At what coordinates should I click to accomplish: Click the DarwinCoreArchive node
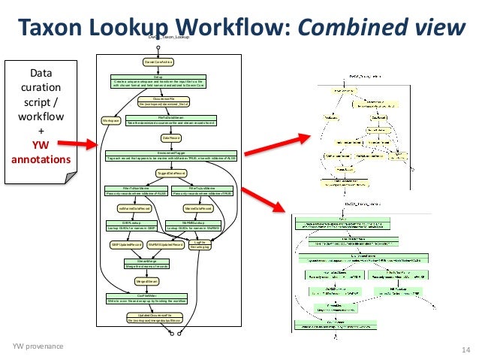point(159,61)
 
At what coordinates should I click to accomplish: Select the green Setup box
point(158,81)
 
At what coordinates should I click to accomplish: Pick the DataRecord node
point(172,138)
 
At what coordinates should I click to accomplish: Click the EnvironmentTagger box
point(172,156)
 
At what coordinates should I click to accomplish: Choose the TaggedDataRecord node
point(172,173)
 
